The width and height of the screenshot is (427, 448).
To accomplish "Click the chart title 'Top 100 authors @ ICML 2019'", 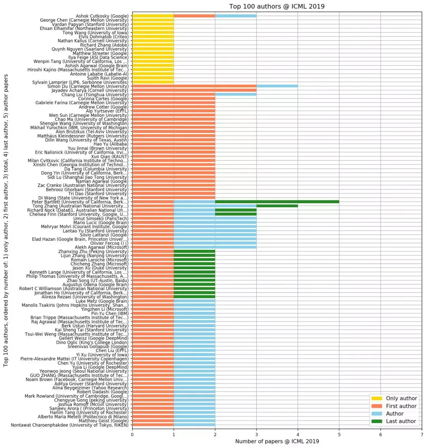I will [277, 6].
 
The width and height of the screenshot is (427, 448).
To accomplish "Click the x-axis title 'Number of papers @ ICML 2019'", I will [277, 441].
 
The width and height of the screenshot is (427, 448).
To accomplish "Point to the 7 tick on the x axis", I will [422, 434].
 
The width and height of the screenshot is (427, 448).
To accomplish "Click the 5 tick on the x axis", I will [339, 434].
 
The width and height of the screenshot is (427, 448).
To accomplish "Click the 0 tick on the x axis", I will [132, 434].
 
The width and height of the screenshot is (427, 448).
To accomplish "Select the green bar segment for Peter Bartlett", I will [277, 202].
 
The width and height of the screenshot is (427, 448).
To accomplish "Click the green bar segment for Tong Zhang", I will [277, 206].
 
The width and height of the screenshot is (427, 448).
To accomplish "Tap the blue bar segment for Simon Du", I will [277, 86].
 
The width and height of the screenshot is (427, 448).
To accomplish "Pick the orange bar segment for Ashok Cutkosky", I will [194, 16].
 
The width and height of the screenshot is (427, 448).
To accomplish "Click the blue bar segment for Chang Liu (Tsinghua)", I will [236, 94].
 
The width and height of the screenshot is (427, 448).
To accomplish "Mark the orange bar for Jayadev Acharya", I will [194, 90].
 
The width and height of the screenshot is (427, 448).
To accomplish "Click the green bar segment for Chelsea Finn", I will [236, 214].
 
